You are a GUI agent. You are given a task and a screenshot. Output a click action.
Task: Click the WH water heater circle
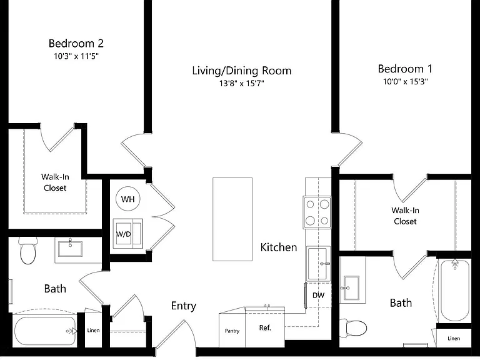click(128, 199)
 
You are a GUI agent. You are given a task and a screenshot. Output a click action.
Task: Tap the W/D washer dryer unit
click(127, 234)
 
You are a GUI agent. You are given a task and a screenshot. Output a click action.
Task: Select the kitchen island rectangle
click(232, 219)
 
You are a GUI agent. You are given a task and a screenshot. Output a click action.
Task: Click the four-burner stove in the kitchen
click(317, 212)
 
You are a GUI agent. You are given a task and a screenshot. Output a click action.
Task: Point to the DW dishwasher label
click(318, 296)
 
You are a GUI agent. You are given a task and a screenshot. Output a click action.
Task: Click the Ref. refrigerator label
click(265, 328)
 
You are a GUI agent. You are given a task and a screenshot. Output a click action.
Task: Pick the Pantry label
click(232, 331)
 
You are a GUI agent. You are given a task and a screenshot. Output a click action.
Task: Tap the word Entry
click(184, 306)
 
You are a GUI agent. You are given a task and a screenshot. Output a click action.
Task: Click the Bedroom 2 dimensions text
click(76, 56)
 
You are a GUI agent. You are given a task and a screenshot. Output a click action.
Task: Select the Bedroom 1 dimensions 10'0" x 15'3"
click(405, 81)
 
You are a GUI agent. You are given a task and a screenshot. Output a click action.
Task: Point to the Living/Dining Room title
click(242, 71)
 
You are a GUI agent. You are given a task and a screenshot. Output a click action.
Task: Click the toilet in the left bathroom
click(28, 251)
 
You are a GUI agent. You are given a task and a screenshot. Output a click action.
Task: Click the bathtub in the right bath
click(454, 291)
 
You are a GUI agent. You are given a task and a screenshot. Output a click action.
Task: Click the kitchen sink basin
click(318, 263)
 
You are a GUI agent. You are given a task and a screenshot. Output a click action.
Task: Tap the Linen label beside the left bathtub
click(93, 330)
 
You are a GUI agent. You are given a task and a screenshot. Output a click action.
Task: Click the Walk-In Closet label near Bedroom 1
click(405, 216)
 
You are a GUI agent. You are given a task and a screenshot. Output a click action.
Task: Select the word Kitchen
click(279, 247)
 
